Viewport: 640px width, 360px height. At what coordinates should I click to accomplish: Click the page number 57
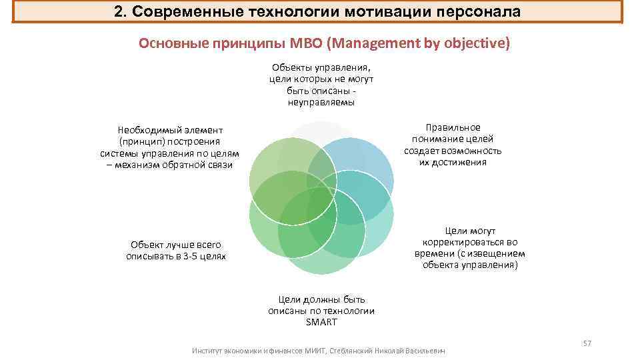[x=587, y=343]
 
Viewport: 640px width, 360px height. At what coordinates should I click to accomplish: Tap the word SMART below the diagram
[x=321, y=323]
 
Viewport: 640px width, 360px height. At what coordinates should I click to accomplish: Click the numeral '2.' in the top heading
[x=121, y=12]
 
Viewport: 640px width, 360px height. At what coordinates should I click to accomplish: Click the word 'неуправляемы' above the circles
[x=321, y=102]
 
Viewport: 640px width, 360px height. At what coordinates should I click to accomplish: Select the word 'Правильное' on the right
[x=453, y=127]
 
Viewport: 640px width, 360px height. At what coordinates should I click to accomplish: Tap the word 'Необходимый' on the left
[x=145, y=130]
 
